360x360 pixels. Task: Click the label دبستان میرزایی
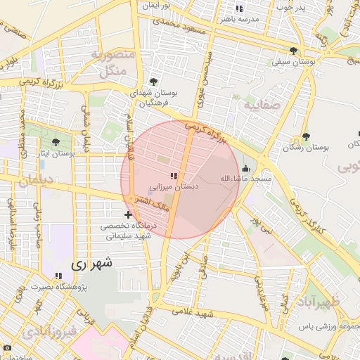point(174,187)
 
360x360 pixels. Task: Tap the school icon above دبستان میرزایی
point(174,176)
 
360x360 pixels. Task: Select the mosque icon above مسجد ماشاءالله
point(245,169)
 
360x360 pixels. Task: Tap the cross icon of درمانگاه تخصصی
point(127,214)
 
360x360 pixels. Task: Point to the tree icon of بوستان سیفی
point(293,51)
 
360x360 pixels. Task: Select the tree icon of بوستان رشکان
point(305,136)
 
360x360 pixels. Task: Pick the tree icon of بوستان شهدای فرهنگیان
point(153,82)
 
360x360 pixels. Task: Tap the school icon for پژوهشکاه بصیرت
point(58,275)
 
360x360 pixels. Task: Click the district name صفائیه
point(263,105)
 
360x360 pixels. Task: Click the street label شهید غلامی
point(215,312)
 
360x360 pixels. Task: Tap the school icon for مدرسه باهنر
point(239,8)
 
